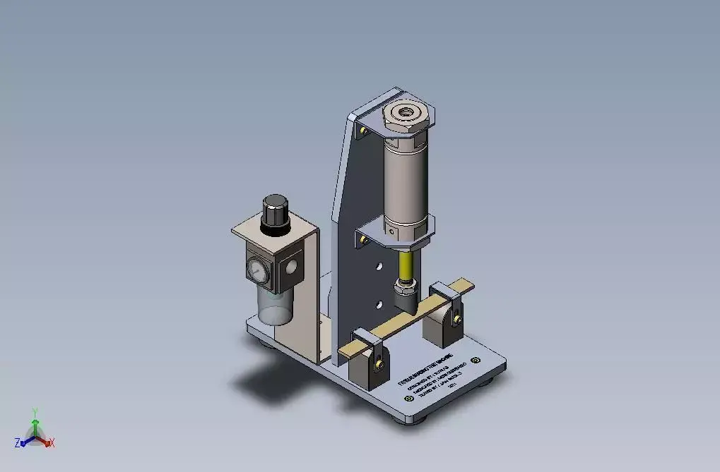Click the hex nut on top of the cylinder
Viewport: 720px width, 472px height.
(408, 114)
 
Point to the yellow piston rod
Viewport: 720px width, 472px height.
(406, 265)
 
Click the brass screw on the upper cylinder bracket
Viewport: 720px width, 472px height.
(364, 131)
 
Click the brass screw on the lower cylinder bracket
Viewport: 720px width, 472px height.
(364, 241)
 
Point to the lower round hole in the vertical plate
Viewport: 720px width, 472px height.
(379, 304)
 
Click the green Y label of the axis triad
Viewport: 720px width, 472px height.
(35, 411)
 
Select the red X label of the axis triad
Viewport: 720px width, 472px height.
(52, 443)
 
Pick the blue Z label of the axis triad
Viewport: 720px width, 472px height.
(17, 443)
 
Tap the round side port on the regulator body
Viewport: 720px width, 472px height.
(290, 266)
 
